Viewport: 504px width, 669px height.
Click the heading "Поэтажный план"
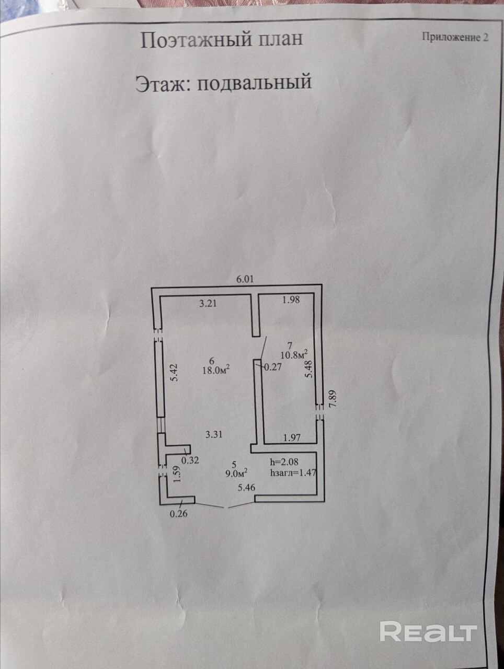click(222, 39)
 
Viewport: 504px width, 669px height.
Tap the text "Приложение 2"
click(455, 37)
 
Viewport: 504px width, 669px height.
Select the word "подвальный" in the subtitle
click(255, 82)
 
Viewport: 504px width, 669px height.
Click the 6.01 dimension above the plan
click(245, 279)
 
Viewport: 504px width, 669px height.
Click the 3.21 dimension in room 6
click(208, 303)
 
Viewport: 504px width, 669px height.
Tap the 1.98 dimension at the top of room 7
click(291, 300)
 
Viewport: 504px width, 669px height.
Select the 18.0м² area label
click(216, 370)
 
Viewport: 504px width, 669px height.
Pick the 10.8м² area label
click(294, 354)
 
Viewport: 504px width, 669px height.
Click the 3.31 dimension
click(214, 434)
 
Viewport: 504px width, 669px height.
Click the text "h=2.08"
click(284, 462)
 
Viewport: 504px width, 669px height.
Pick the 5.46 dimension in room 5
click(246, 488)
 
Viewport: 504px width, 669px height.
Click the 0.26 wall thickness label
click(179, 514)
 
